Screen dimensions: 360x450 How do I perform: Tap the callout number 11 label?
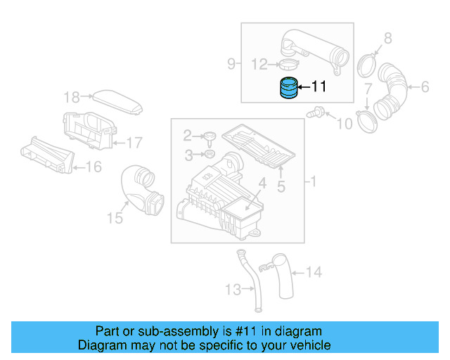click(x=319, y=87)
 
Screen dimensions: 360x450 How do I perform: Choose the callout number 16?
click(x=94, y=167)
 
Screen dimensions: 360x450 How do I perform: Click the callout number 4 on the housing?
click(x=261, y=184)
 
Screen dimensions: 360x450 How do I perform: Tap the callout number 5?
click(x=280, y=186)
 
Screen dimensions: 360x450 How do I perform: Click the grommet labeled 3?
click(x=210, y=153)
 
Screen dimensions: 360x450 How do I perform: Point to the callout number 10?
click(x=344, y=124)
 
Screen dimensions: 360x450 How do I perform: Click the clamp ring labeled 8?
click(x=366, y=65)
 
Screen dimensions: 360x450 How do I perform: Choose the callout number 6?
click(x=424, y=87)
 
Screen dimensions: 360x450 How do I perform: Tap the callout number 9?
click(x=231, y=64)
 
